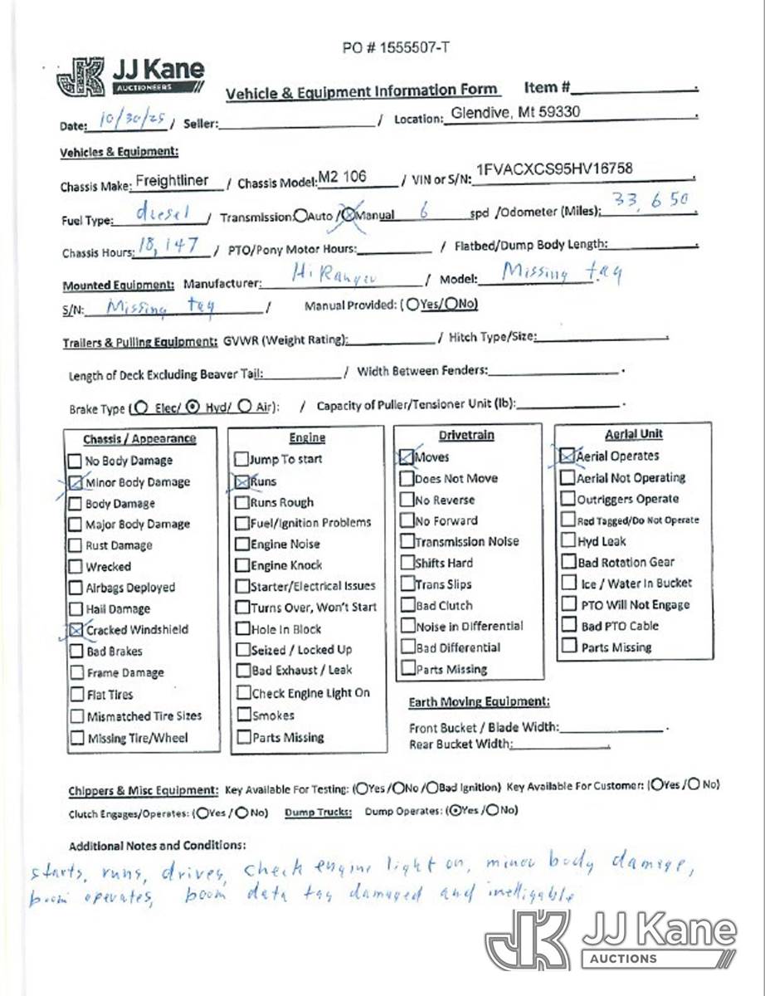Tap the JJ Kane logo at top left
(130, 76)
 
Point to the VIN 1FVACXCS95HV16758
(555, 168)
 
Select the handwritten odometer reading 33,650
(650, 201)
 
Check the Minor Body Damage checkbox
(76, 481)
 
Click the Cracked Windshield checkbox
(76, 630)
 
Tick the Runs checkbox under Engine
(242, 481)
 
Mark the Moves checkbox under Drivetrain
(407, 456)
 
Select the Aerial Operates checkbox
(568, 456)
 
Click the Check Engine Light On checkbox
(243, 692)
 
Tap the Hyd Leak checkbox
(568, 541)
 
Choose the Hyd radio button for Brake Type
(193, 408)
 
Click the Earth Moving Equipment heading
(479, 702)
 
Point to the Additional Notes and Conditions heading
(158, 845)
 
